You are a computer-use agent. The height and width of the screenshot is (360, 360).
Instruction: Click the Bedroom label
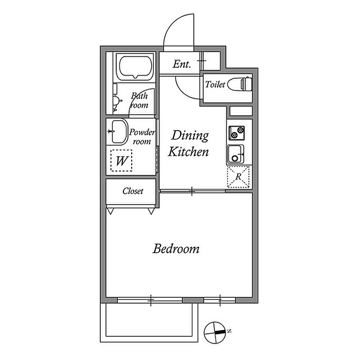[x=176, y=249]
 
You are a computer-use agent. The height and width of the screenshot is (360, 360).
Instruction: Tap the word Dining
[x=190, y=136]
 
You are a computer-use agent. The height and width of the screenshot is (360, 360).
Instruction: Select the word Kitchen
[x=188, y=152]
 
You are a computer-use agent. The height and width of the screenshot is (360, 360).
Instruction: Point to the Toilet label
[x=215, y=84]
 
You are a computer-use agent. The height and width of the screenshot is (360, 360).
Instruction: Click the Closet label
[x=133, y=191]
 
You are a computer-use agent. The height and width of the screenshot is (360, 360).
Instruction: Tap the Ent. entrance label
[x=182, y=64]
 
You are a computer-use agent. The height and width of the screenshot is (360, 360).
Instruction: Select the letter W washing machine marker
[x=121, y=161]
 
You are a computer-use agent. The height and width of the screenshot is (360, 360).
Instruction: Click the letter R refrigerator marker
[x=239, y=176]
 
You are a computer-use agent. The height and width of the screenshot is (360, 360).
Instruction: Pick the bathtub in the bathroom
[x=135, y=67]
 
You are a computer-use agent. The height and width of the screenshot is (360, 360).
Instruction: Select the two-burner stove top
[x=237, y=133]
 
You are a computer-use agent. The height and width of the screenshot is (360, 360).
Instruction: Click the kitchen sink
[x=236, y=154]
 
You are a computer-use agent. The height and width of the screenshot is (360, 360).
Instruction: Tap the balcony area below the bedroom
[x=149, y=322]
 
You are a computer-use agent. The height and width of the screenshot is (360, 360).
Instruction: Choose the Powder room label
[x=142, y=137]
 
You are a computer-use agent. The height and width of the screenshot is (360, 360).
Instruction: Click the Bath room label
[x=139, y=100]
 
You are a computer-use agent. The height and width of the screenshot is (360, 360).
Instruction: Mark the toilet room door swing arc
[x=186, y=90]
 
